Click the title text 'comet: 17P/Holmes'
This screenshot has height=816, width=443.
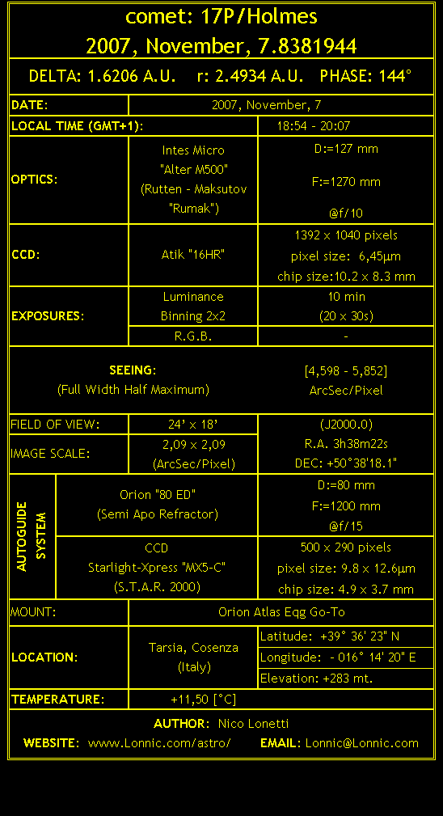221,17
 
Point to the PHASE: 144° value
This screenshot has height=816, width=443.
365,76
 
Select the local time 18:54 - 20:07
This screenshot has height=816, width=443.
314,126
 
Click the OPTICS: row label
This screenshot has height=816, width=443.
34,180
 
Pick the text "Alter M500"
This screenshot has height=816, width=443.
194,170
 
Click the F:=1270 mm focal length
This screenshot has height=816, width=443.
346,182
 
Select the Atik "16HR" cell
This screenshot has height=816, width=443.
193,255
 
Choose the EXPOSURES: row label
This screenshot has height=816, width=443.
48,316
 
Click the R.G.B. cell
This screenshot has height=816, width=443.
193,336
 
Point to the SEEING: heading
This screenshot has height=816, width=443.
133,370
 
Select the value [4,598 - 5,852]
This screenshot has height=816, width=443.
346,371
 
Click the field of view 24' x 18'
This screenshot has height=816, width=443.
193,425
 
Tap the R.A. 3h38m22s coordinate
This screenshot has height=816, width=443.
346,444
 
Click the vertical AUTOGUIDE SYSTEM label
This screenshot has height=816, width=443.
32,536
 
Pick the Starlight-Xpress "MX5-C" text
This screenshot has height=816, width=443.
157,568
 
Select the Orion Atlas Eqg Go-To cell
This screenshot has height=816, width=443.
281,612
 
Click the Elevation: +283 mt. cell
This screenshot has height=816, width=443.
316,679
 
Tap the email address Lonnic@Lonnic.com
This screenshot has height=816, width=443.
362,743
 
